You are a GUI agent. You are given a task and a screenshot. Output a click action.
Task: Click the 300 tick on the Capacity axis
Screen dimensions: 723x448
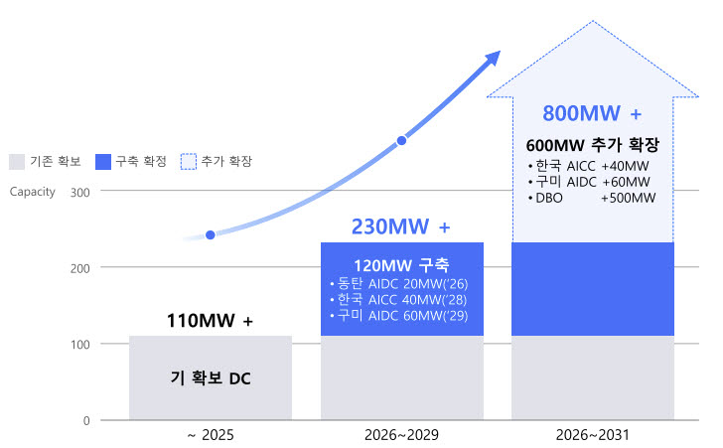click(79, 193)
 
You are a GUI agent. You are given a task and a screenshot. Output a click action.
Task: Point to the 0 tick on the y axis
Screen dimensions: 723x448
click(86, 421)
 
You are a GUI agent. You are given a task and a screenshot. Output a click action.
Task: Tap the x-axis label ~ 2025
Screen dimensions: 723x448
click(211, 435)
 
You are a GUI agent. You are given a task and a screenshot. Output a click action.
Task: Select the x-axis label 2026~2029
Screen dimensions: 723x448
click(401, 435)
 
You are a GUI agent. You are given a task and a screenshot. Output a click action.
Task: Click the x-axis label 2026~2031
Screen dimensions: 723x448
click(593, 435)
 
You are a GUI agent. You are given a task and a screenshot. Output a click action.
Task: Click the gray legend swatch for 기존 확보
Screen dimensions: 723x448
click(17, 162)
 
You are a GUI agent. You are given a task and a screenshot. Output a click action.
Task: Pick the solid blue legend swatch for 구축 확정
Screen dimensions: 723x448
click(103, 162)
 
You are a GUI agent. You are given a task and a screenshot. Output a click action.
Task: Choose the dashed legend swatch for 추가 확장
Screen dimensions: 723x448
click(188, 162)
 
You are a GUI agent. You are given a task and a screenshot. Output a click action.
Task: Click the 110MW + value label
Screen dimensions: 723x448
click(210, 321)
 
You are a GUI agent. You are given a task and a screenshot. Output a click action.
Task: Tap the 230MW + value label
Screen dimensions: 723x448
click(400, 227)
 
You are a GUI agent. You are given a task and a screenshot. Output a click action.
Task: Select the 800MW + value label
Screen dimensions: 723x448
click(592, 113)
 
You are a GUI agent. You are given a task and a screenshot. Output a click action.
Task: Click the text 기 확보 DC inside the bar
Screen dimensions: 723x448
click(211, 378)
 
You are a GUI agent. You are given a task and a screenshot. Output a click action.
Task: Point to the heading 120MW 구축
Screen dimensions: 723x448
click(401, 265)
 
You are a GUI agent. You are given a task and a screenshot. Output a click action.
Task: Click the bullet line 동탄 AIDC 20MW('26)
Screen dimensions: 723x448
click(399, 283)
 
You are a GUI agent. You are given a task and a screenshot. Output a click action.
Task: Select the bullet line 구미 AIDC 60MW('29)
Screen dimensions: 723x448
click(399, 316)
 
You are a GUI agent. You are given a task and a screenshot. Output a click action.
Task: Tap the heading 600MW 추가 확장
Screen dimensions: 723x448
click(593, 145)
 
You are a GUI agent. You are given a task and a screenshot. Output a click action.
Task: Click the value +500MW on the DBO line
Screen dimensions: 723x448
click(629, 198)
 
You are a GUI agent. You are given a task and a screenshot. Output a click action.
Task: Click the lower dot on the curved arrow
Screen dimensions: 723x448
click(211, 235)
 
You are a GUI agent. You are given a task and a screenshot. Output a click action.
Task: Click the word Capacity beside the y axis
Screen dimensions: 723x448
click(32, 192)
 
